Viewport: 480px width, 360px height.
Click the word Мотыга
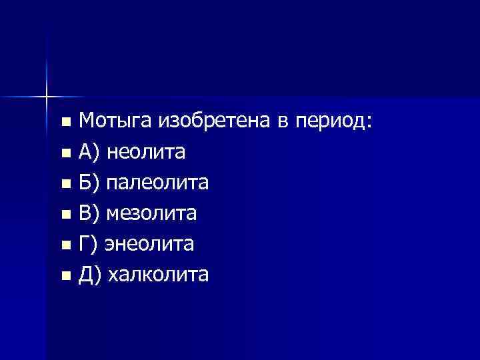116,121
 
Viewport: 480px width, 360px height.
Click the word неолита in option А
145,152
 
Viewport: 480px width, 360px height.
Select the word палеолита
158,183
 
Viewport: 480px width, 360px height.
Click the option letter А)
89,152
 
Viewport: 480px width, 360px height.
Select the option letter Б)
89,183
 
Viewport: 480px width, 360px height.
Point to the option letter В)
89,213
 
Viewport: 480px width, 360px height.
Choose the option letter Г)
88,244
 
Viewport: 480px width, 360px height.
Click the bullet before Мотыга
65,123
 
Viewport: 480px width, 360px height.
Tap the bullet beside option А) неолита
65,154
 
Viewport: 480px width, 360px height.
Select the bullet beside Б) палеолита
65,185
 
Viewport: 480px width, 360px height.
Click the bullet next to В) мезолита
65,215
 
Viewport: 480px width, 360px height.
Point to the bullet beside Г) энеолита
65,245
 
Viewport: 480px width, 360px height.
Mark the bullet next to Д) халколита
65,276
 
